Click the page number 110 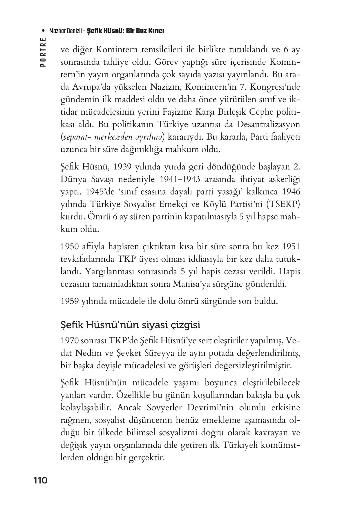(x=40, y=481)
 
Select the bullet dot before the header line (x=43, y=31)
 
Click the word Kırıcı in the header (x=156, y=31)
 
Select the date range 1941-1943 (x=180, y=179)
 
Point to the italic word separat (x=75, y=137)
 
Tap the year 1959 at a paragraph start (x=70, y=301)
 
